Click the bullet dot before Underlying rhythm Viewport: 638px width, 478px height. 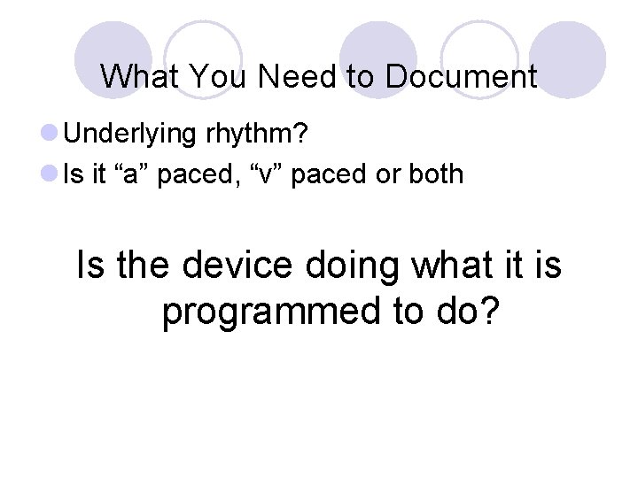[x=51, y=135]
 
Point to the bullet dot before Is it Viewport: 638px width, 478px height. [x=51, y=174]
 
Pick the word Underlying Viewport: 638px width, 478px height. [x=129, y=135]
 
